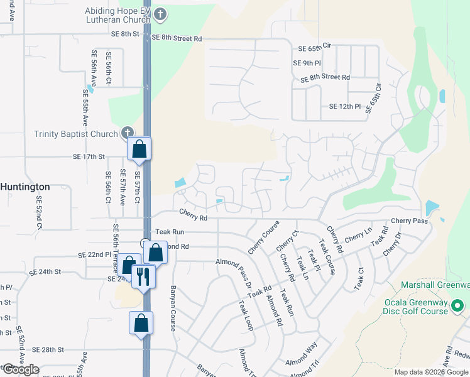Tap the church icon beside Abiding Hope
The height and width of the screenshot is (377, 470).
tap(160, 14)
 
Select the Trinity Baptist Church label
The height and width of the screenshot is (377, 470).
tap(76, 134)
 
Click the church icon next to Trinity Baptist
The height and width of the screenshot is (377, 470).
tap(128, 133)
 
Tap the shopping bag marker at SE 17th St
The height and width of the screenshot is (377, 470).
tap(139, 150)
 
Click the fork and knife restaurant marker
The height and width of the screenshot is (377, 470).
tap(143, 276)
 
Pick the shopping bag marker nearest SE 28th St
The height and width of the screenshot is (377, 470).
tap(141, 324)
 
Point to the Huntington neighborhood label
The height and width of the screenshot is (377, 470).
tap(25, 187)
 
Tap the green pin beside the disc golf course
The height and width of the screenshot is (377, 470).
tap(458, 306)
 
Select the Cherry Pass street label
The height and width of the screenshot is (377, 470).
tap(409, 221)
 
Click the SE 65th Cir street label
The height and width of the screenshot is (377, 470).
tap(314, 48)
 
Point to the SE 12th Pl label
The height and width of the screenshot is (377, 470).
tap(345, 107)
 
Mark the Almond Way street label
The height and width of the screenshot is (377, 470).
tap(301, 354)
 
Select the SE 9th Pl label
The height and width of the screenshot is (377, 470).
tap(307, 63)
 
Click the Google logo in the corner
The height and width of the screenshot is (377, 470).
tap(20, 369)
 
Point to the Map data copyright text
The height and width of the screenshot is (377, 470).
tap(432, 372)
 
